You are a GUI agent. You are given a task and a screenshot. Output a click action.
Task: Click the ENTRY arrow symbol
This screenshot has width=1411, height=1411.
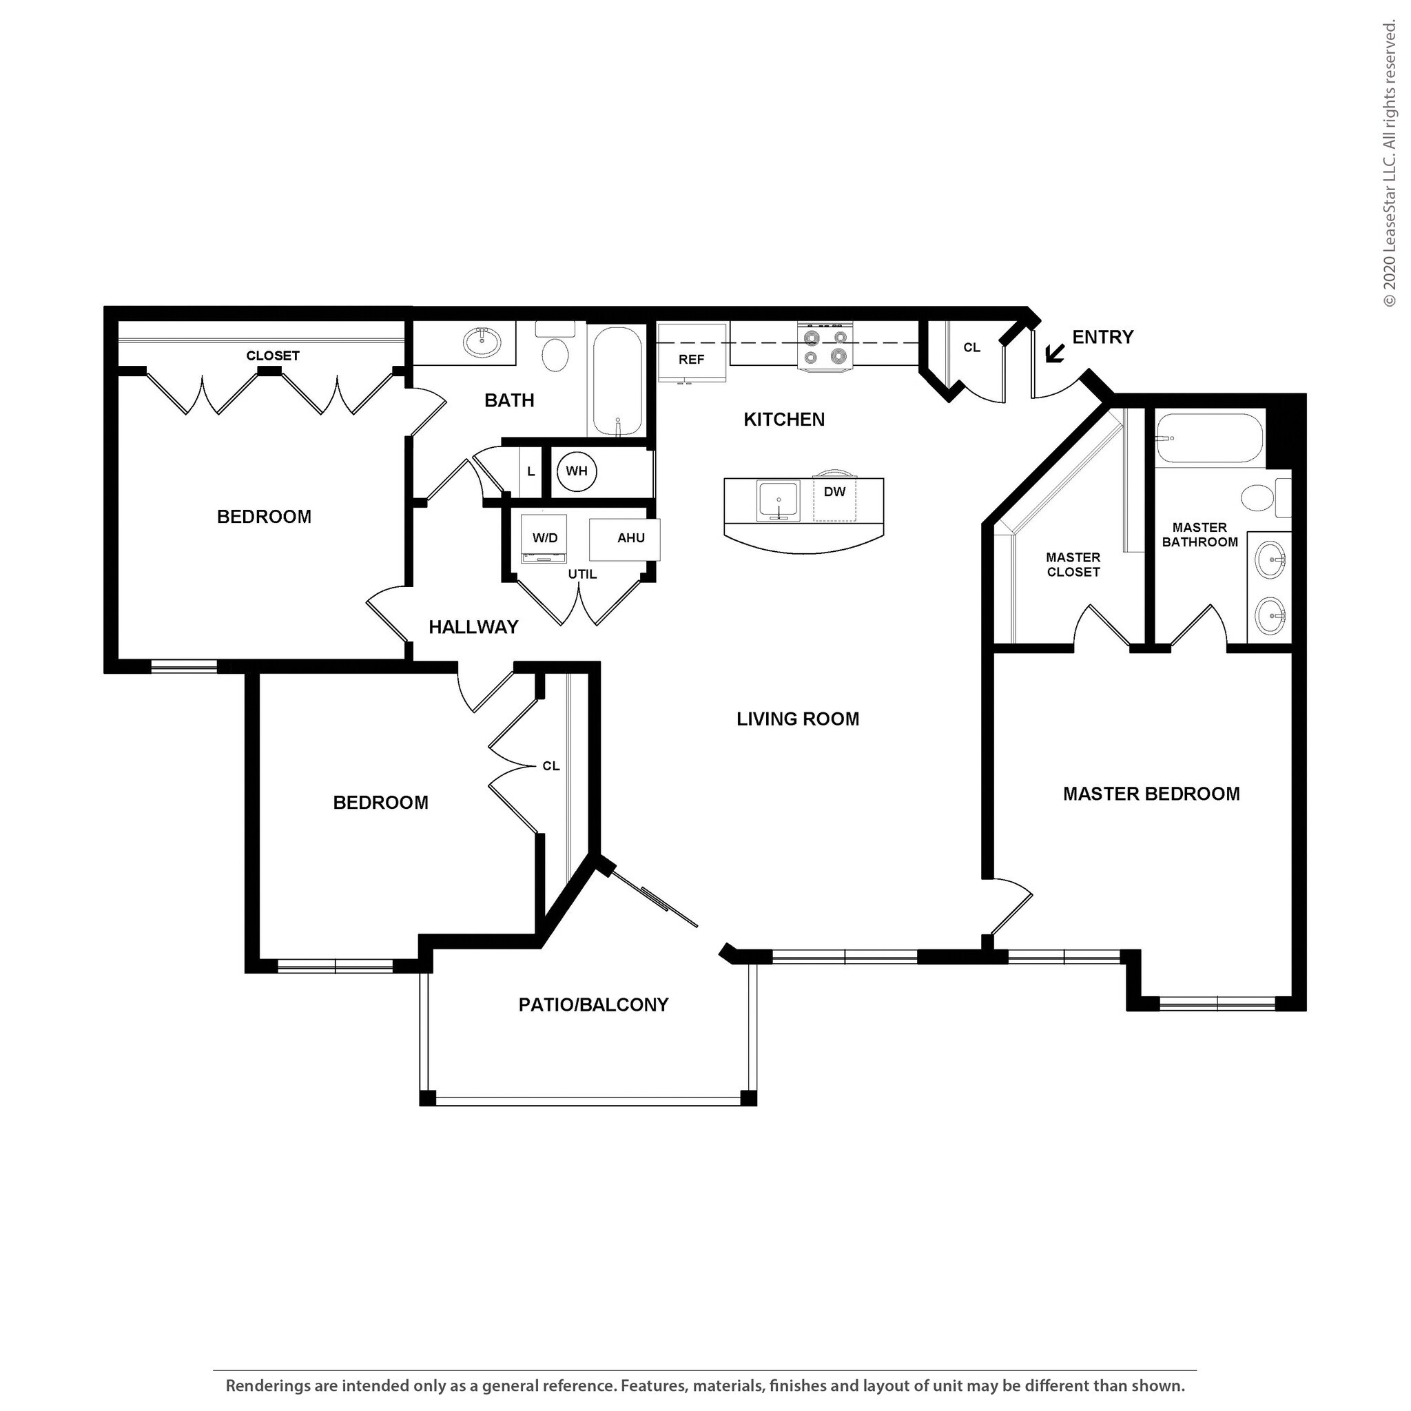(x=1054, y=354)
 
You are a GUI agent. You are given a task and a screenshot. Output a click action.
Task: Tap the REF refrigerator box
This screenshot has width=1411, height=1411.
(x=691, y=353)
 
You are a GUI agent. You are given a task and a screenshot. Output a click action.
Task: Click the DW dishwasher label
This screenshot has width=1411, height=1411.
(x=834, y=492)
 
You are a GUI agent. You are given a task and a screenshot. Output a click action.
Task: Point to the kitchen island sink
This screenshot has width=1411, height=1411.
(x=778, y=500)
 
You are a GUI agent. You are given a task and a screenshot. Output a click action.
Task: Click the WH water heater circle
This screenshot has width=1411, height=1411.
(x=576, y=471)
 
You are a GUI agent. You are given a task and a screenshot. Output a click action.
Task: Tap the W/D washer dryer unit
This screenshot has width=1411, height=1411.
(x=545, y=538)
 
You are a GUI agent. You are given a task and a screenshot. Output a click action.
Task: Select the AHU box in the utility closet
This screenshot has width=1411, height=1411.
(x=630, y=538)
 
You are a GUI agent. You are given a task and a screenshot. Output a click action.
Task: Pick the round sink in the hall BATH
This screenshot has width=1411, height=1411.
(x=482, y=340)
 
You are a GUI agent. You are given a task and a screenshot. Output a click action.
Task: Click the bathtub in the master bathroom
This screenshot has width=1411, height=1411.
(x=1209, y=439)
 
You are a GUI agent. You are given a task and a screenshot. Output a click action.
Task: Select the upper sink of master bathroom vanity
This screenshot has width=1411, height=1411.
(x=1270, y=562)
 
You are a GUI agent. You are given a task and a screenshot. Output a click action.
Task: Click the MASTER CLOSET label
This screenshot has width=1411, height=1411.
(x=1073, y=564)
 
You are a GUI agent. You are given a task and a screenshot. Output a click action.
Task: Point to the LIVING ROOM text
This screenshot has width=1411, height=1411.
(x=798, y=719)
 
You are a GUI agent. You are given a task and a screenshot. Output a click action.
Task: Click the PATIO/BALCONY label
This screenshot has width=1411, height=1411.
(x=593, y=1005)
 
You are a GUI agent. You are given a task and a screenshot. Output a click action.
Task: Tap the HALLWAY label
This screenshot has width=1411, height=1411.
(x=473, y=627)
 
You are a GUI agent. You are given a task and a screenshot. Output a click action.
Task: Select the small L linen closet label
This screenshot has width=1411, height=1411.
(x=531, y=472)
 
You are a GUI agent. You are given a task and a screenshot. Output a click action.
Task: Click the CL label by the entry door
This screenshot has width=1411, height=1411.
(x=971, y=348)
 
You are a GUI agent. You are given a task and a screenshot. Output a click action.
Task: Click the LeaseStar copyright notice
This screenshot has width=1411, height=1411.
(x=1389, y=165)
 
